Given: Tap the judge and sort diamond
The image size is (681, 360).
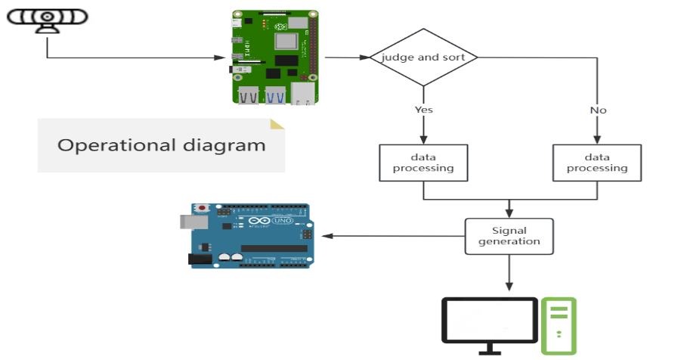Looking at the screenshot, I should (423, 57).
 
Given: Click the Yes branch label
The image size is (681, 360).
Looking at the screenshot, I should (423, 110).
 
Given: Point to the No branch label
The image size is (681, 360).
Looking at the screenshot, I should (598, 110).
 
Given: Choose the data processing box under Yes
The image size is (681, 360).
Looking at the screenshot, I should (423, 163).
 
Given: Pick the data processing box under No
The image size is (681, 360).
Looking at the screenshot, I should (597, 163).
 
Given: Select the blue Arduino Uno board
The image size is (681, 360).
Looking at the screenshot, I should (250, 235).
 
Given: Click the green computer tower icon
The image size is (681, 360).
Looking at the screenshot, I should (559, 325).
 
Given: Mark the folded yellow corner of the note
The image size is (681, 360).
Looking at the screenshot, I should (277, 125).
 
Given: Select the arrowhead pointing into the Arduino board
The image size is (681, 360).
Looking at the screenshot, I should (317, 236).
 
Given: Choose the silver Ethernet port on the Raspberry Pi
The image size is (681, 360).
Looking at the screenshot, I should (304, 95).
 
